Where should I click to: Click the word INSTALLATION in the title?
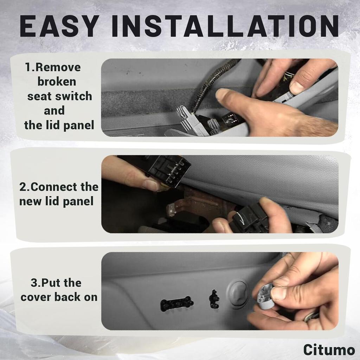tap(225, 26)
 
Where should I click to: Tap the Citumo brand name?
tap(329, 350)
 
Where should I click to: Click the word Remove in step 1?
tap(58, 67)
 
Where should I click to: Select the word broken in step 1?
tap(56, 82)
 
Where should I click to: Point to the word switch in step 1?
tap(75, 96)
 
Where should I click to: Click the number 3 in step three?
tap(34, 283)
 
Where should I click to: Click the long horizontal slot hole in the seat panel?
tap(177, 303)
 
